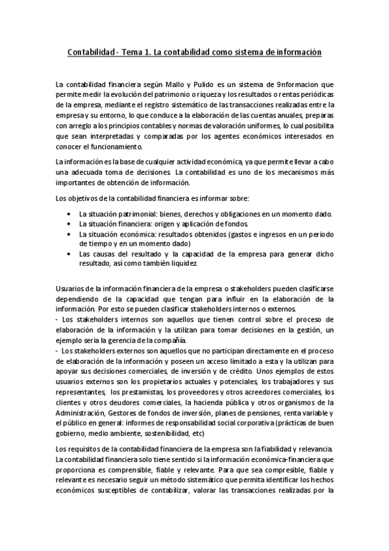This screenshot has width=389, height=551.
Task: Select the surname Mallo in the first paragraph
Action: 174,84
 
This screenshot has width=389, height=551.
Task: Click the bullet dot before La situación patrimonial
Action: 69,214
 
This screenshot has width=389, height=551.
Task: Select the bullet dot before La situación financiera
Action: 69,224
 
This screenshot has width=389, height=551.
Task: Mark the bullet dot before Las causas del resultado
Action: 69,255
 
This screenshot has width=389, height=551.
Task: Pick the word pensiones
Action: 260,413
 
